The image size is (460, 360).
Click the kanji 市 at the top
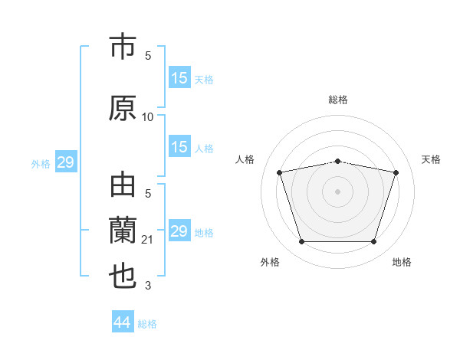click(123, 48)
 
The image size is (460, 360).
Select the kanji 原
click(123, 109)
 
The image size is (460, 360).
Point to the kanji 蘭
click(123, 231)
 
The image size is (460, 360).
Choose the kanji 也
click(123, 276)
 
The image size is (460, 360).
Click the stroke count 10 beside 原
click(148, 117)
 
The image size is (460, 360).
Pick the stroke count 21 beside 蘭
click(148, 241)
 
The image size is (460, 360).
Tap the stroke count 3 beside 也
click(148, 286)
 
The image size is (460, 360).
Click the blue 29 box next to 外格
click(65, 162)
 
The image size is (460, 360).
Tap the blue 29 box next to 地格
click(179, 231)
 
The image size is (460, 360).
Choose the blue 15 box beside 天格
click(179, 78)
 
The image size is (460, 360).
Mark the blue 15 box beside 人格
click(179, 148)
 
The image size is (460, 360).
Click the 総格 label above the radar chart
click(338, 100)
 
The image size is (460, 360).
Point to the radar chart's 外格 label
click(270, 262)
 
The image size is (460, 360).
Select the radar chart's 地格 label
click(402, 262)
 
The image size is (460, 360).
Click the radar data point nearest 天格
click(396, 172)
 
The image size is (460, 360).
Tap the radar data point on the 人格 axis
click(280, 172)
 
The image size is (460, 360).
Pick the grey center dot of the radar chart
click(338, 191)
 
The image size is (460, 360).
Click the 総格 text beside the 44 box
click(147, 324)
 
